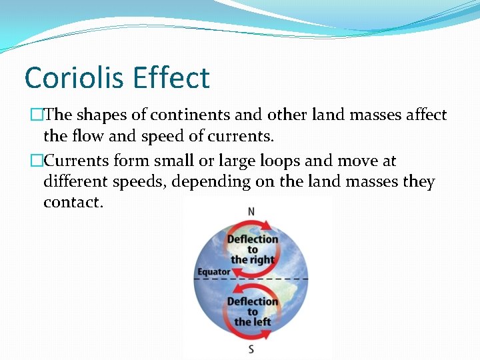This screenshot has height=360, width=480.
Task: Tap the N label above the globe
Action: pos(251,211)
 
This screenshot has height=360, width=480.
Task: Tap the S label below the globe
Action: pos(251,349)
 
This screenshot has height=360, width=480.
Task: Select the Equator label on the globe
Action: pos(213,272)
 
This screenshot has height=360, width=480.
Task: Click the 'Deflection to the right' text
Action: pos(253,249)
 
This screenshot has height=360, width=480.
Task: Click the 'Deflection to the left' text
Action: pos(253,311)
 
